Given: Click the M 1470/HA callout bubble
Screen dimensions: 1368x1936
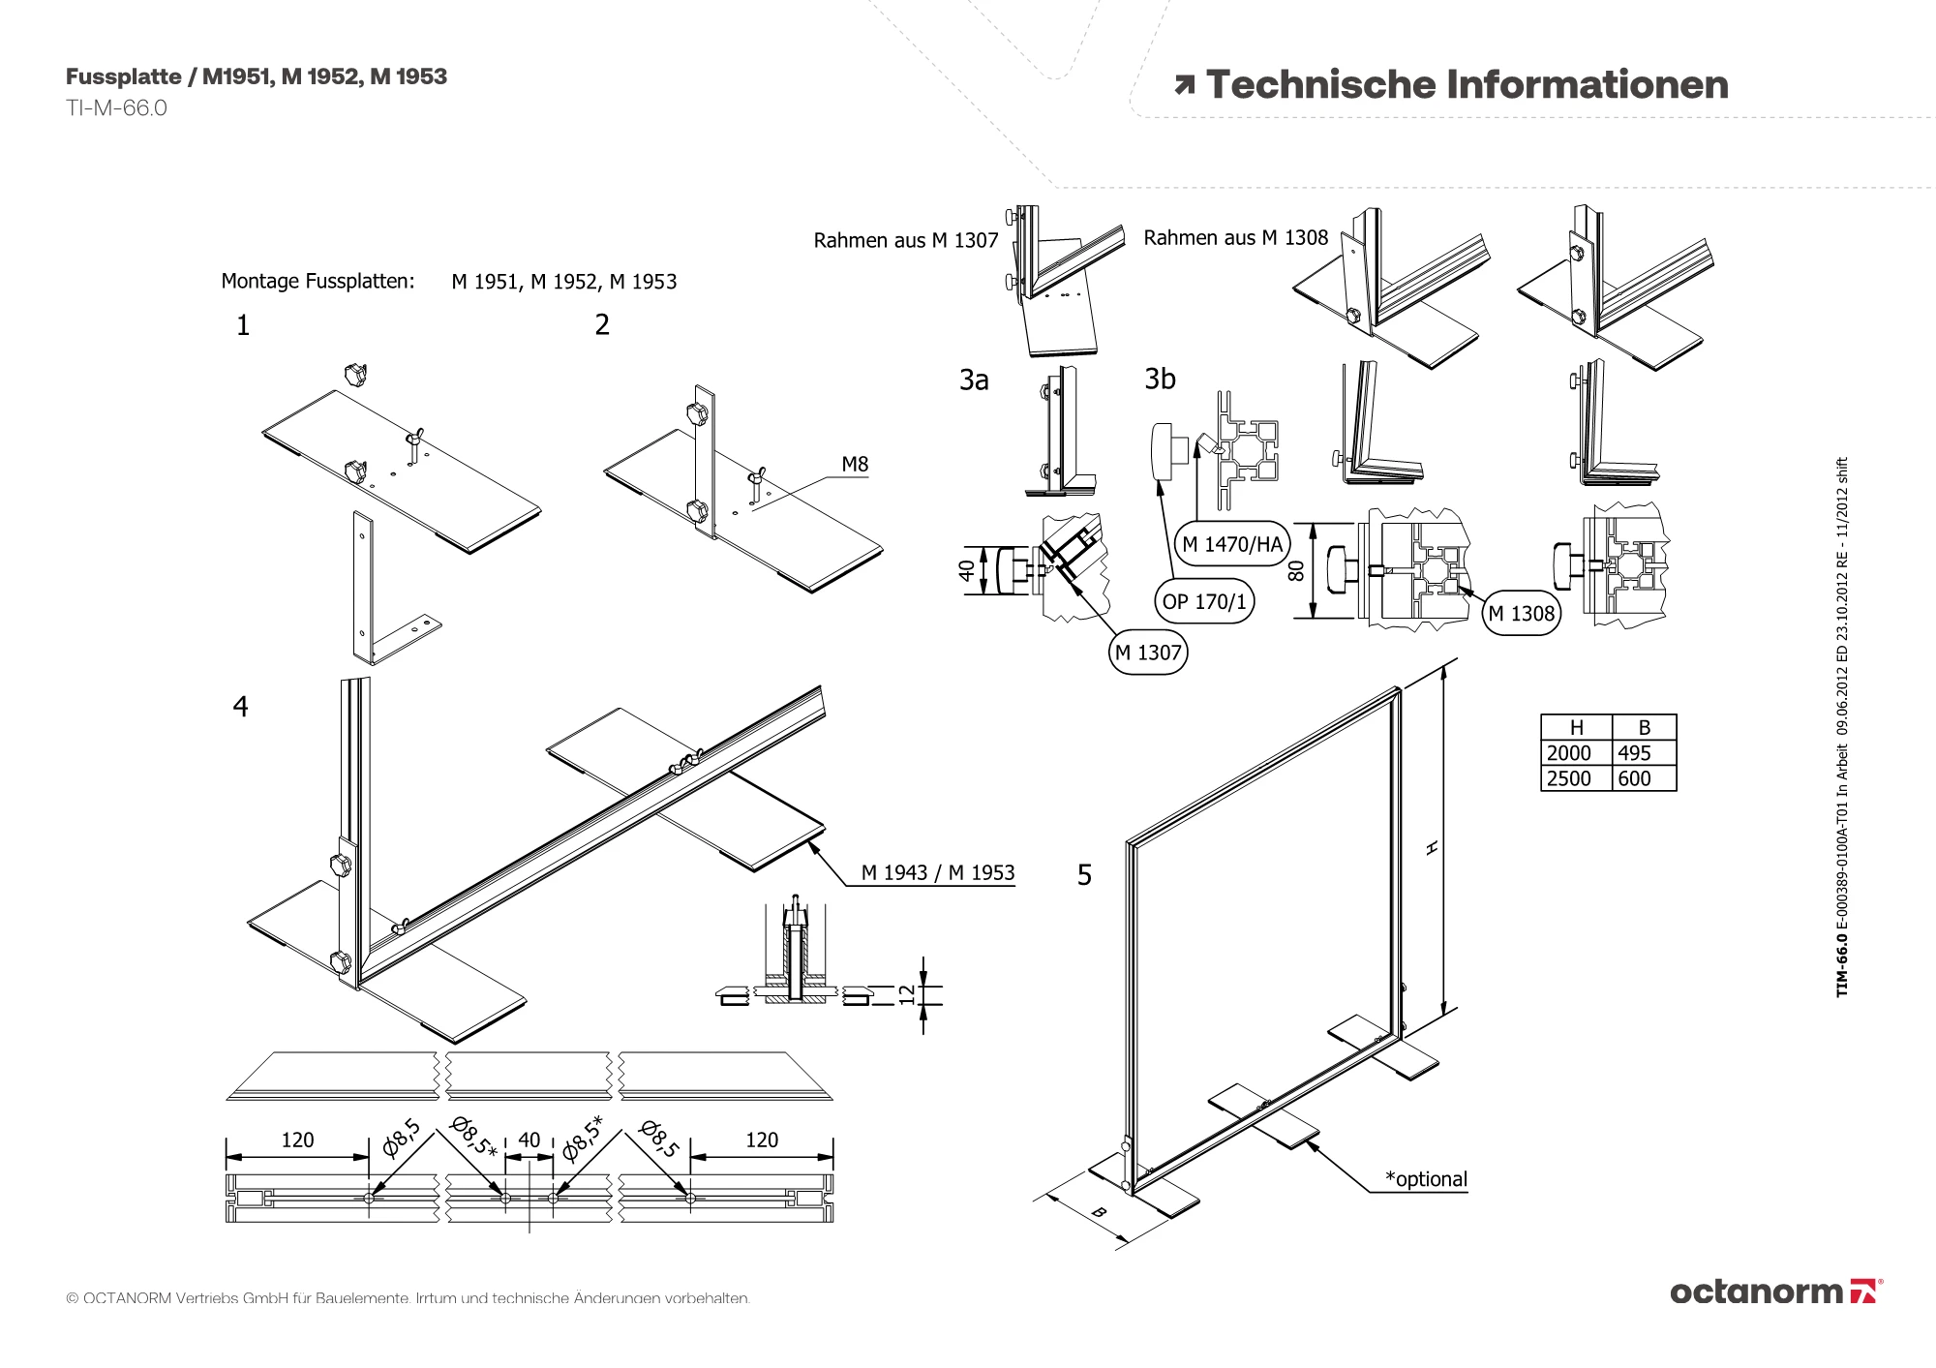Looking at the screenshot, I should point(1232,544).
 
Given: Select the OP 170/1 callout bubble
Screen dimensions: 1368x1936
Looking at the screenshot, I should point(1204,601).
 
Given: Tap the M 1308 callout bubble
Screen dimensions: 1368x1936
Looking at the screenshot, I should point(1521,613).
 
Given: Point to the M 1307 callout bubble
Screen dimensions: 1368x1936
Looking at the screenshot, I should point(1148,653).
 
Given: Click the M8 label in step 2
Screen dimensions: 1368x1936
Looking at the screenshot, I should point(855,464).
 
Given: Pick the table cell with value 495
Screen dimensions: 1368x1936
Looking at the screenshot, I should point(1644,753).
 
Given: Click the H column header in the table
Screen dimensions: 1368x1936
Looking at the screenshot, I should point(1576,728).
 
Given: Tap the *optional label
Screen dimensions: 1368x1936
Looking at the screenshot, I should point(1426,1179).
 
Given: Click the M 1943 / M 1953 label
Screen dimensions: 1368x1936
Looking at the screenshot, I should point(937,872).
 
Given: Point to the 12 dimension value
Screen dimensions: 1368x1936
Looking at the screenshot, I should point(907,993).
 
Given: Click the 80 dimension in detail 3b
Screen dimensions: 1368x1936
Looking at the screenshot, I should point(1297,571).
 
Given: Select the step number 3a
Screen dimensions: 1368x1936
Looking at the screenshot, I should point(974,380).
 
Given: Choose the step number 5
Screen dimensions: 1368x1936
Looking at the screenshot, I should point(1084,875).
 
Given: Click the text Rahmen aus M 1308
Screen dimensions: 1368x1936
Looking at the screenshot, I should point(1235,238).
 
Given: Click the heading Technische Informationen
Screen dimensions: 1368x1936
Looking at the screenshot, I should point(1467,85).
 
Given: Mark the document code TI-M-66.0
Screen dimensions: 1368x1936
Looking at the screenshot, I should point(116,108).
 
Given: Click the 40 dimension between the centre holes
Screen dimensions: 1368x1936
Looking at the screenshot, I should point(529,1140).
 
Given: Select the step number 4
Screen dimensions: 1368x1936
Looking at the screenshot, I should point(240,707).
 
